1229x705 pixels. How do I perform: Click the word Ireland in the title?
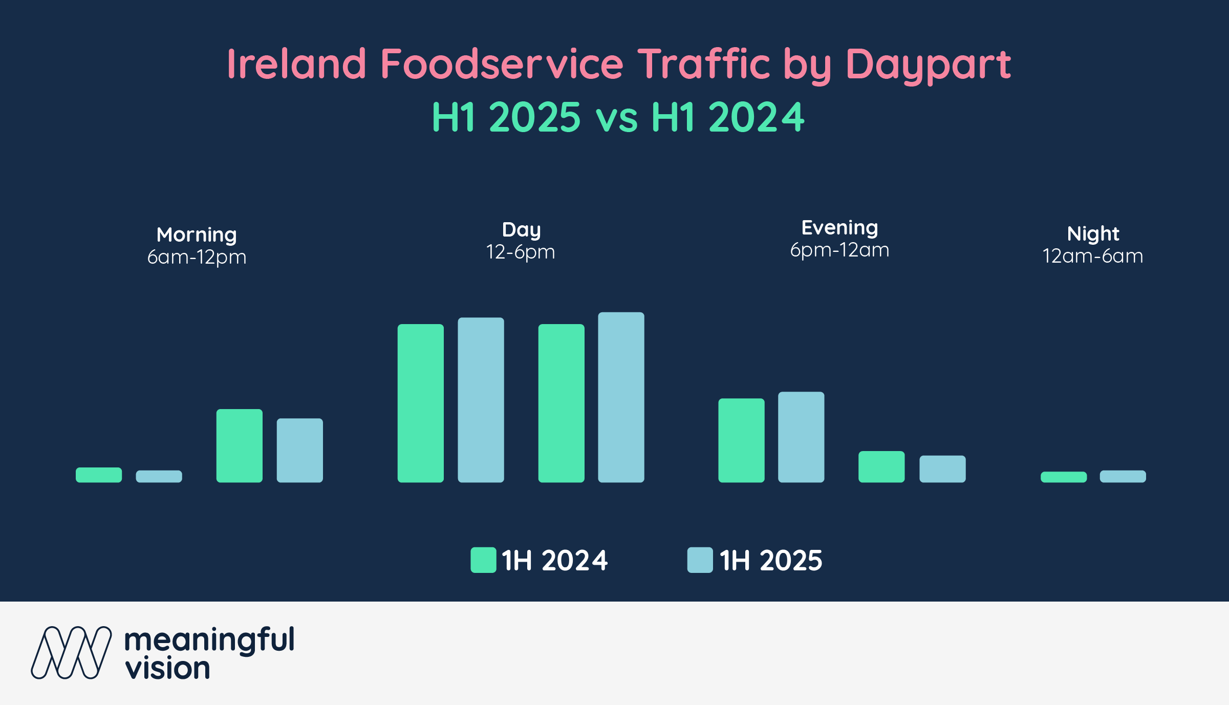click(x=296, y=64)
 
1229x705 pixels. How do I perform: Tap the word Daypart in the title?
click(x=928, y=65)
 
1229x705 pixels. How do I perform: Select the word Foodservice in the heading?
click(x=502, y=64)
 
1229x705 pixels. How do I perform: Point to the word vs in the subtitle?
click(x=616, y=118)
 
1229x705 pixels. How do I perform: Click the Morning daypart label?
click(x=197, y=235)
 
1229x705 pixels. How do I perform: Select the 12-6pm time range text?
click(x=521, y=252)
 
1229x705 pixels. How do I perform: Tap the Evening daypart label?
click(x=839, y=228)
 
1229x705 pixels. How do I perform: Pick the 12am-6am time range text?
click(x=1093, y=256)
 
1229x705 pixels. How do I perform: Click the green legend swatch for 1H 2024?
click(x=483, y=560)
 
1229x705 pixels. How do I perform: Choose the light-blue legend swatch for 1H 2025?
click(x=700, y=560)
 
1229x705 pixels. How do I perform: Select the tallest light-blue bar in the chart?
click(x=621, y=397)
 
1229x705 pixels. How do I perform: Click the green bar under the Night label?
click(x=1064, y=477)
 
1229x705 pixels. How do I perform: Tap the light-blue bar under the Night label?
click(x=1123, y=477)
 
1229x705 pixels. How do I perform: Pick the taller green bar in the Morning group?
click(x=240, y=445)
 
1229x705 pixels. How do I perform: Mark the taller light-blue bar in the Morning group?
click(x=300, y=451)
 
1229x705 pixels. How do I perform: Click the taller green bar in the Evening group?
click(x=741, y=440)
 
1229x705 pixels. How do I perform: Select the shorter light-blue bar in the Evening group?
click(x=942, y=469)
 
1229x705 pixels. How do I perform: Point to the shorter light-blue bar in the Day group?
click(x=481, y=400)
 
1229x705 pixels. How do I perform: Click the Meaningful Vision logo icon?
click(x=71, y=653)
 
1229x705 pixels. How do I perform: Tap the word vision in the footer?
click(x=168, y=669)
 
